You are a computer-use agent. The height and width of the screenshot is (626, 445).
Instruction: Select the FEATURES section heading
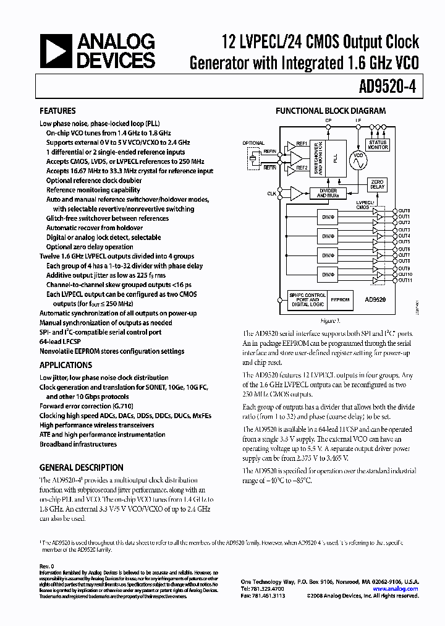57,111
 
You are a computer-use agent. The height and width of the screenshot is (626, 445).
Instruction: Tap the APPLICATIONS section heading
66,365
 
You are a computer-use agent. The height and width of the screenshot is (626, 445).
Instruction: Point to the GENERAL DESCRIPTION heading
81,468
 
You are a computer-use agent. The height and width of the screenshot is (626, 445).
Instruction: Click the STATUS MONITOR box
378,145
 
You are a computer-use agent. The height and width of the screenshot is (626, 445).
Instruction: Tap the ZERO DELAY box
376,184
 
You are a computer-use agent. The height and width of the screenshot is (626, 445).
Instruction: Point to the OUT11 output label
405,280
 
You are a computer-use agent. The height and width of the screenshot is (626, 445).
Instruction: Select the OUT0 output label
404,211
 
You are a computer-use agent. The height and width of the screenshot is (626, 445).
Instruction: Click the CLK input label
271,194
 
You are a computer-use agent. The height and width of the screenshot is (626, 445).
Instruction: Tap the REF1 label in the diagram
302,144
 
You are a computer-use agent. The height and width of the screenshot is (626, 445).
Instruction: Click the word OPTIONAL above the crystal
253,144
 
